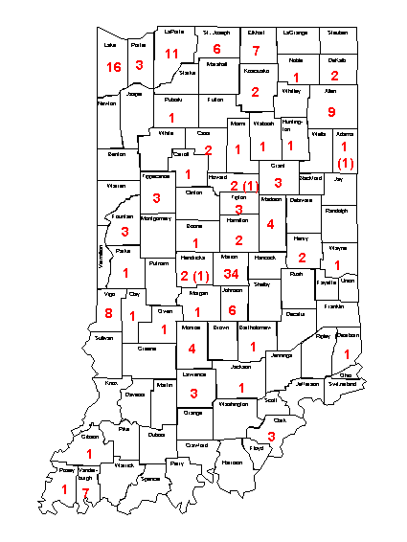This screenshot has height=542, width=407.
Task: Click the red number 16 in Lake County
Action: click(x=114, y=67)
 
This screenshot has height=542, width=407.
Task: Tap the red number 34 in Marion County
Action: click(x=231, y=275)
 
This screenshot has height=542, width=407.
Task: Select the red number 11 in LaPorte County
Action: click(x=172, y=53)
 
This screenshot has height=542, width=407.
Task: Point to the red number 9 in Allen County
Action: click(x=331, y=110)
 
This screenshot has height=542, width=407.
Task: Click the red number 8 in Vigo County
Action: click(x=108, y=313)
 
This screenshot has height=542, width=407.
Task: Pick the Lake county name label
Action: click(x=110, y=44)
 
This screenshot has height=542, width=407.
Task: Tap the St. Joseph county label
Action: click(x=215, y=33)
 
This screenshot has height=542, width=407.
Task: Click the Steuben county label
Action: click(x=337, y=33)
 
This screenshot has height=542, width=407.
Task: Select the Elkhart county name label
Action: click(x=256, y=33)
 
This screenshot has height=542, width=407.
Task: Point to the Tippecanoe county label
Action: click(x=155, y=177)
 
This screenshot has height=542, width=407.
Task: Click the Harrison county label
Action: click(x=232, y=463)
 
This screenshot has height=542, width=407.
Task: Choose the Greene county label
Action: click(x=147, y=350)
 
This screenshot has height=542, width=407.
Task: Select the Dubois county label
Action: click(x=157, y=434)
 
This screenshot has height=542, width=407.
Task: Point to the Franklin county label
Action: click(x=333, y=306)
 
